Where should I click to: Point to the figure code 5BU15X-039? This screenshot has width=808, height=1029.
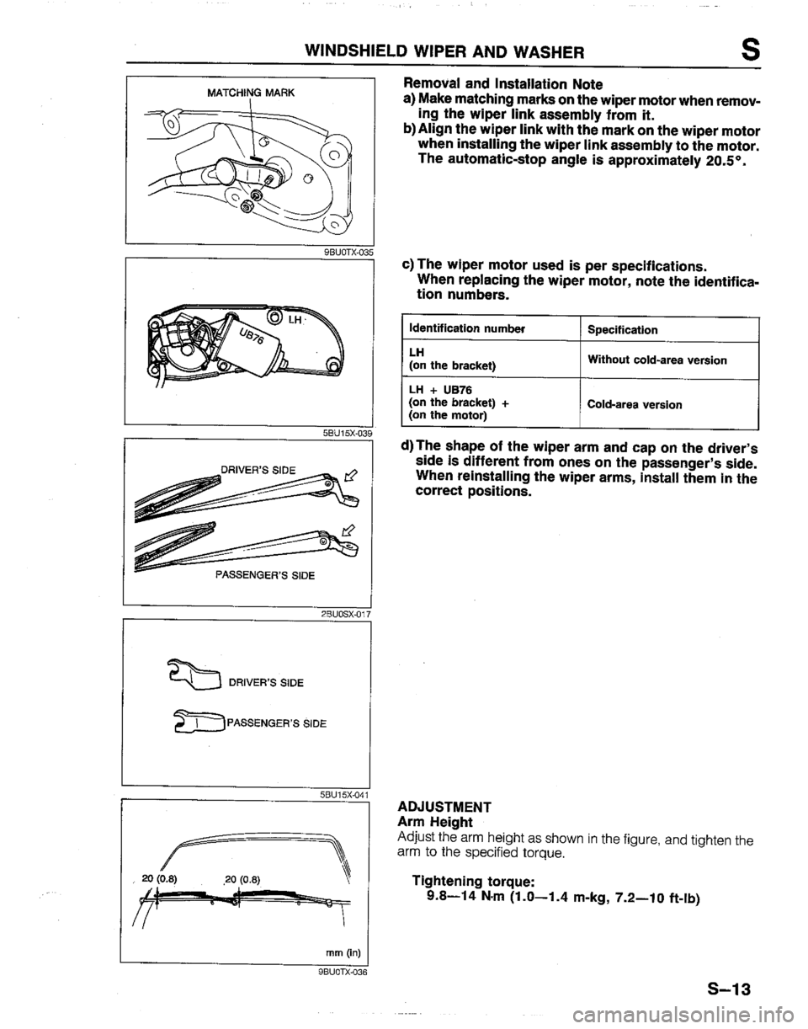click(x=341, y=434)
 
